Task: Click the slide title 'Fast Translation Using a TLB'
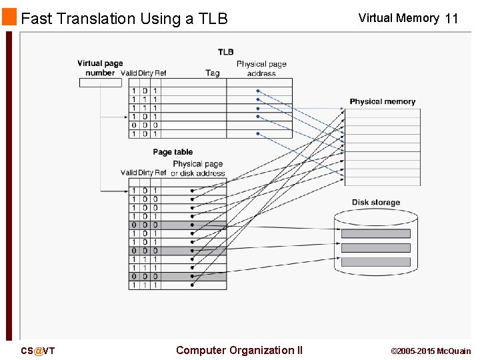(124, 19)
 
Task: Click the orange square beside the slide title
(9, 17)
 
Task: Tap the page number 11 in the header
(451, 19)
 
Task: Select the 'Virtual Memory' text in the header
(398, 18)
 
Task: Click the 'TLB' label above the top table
(225, 52)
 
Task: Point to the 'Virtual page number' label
(100, 68)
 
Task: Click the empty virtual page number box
(101, 83)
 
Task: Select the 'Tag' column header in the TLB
(212, 73)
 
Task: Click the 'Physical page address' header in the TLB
(261, 69)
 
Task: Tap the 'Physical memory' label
(382, 101)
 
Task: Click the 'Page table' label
(173, 152)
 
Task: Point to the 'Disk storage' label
(376, 202)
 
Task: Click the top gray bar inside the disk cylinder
(375, 233)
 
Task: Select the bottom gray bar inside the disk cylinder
(375, 262)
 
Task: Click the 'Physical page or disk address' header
(197, 168)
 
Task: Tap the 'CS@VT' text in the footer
(38, 351)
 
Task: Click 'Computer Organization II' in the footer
(239, 350)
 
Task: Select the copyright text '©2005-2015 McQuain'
(430, 351)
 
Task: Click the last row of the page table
(177, 285)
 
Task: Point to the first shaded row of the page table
(177, 225)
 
